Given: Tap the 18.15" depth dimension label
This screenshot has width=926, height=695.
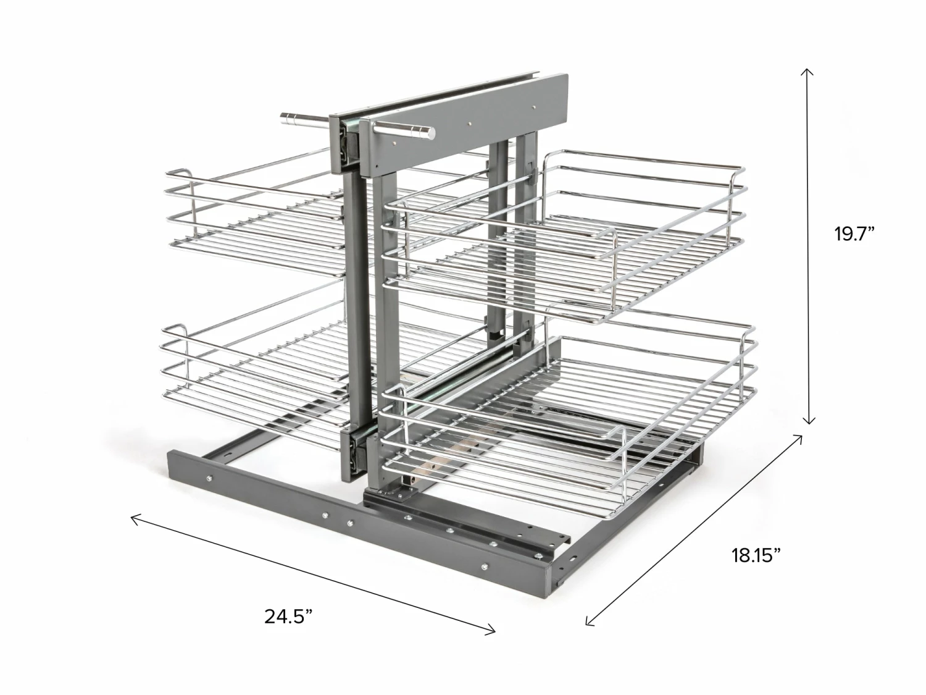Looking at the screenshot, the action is coord(756,555).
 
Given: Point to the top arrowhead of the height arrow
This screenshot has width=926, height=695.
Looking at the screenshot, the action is coord(807,71).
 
